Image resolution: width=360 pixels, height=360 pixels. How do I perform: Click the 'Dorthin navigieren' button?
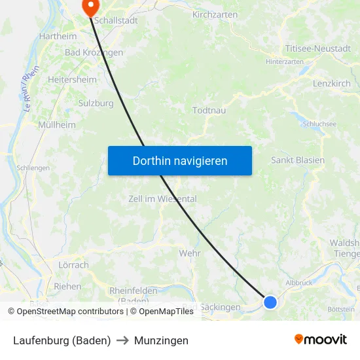click(x=180, y=160)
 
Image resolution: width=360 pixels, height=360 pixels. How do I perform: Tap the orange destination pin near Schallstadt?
click(x=89, y=6)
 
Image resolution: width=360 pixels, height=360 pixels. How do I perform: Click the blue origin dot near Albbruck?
click(x=270, y=302)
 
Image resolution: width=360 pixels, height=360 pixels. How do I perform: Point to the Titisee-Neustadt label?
click(x=317, y=48)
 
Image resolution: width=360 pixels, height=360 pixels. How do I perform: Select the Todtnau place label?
click(x=209, y=110)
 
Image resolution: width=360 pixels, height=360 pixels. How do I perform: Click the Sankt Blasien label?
click(x=298, y=160)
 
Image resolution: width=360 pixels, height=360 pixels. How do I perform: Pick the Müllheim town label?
click(x=57, y=124)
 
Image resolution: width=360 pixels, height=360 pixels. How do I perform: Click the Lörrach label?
click(x=73, y=265)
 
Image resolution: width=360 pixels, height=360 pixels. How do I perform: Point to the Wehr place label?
click(x=190, y=253)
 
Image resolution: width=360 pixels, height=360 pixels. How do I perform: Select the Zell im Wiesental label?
click(x=163, y=199)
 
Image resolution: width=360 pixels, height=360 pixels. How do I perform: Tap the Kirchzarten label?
click(x=215, y=14)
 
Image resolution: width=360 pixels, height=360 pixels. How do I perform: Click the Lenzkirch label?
click(x=332, y=84)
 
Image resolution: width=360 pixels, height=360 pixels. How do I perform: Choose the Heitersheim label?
click(x=73, y=79)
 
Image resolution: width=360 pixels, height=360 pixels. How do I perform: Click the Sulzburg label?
click(x=96, y=103)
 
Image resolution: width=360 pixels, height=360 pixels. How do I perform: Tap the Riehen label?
click(x=67, y=286)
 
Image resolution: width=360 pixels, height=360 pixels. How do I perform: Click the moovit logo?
click(x=321, y=339)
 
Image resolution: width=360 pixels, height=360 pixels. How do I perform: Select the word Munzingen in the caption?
click(x=161, y=340)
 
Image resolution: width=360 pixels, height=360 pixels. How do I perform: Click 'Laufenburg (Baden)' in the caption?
click(x=62, y=340)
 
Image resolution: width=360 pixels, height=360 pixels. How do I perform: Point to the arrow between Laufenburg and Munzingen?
click(x=122, y=340)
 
